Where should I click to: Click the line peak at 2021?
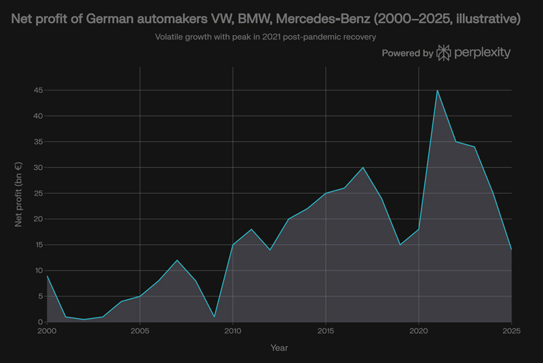tap(437, 90)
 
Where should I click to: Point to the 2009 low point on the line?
tap(214, 317)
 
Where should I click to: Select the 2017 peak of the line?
tap(363, 167)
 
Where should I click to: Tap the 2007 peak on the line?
tap(176, 260)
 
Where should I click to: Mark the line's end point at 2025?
tap(511, 249)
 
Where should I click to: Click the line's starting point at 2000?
tap(47, 275)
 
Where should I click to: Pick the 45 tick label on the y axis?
tap(39, 90)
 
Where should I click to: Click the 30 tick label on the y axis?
tap(39, 167)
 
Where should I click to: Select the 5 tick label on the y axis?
tap(41, 296)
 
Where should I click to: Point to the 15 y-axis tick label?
tap(39, 245)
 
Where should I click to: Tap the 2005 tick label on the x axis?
tap(140, 331)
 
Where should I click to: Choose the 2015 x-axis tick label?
tap(326, 331)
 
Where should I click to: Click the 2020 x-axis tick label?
tap(419, 331)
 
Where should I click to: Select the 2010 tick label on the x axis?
tap(233, 331)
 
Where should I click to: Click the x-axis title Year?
tap(279, 348)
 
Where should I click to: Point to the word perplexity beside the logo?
tap(483, 52)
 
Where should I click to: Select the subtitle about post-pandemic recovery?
tap(265, 36)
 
